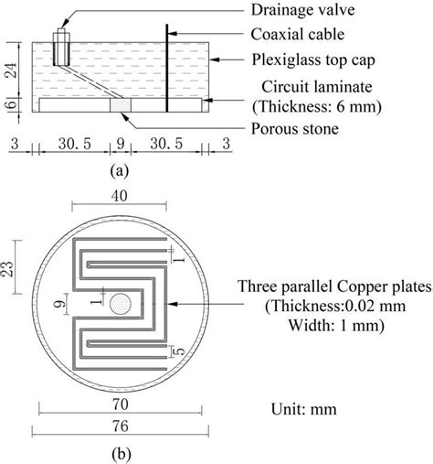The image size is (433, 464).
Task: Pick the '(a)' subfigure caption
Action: point(117,170)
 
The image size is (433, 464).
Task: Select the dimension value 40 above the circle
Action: point(117,196)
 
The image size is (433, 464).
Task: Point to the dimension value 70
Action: point(117,400)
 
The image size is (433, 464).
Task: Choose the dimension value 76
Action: point(117,424)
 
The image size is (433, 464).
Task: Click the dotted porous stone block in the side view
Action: point(120,107)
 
